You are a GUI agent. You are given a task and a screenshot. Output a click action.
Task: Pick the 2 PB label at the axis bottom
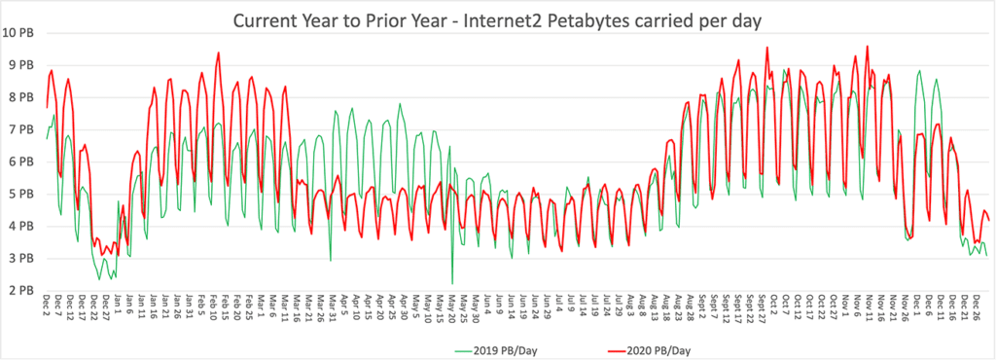[x=21, y=290]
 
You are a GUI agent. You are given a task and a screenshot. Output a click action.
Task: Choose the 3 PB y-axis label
[x=21, y=258]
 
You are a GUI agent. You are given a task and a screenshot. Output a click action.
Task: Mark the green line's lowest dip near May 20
[x=452, y=283]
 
